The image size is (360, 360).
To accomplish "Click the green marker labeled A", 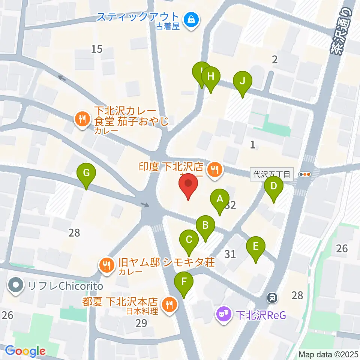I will tap(220, 199).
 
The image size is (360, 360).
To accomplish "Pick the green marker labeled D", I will tap(274, 186).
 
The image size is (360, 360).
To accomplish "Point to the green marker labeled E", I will tap(256, 247).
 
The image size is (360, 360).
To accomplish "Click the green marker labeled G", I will tap(86, 173).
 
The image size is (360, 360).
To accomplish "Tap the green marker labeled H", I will tap(210, 77).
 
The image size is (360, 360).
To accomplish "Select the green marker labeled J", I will tap(242, 81).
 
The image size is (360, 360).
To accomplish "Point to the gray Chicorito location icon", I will tap(16, 286).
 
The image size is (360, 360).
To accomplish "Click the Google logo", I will tap(25, 351).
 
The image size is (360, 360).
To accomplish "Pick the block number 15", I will tap(97, 49).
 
